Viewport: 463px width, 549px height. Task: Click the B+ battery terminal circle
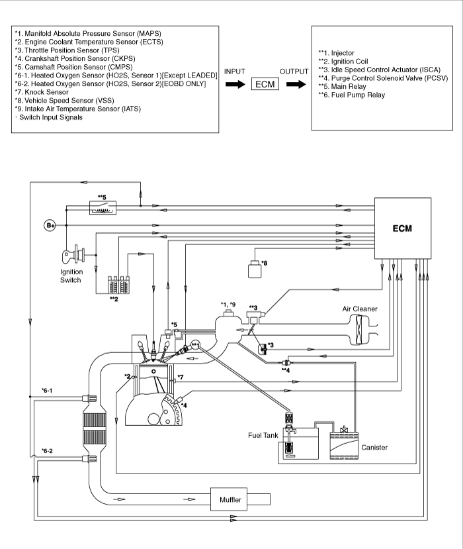50,225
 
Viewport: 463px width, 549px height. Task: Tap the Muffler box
230,499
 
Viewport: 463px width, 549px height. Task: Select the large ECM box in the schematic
403,228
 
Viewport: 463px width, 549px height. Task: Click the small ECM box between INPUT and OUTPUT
265,84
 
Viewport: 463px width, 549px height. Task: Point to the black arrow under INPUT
235,84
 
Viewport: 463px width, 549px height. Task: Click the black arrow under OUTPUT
296,84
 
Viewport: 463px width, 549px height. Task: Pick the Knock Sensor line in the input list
42,92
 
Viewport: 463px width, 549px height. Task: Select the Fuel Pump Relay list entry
351,95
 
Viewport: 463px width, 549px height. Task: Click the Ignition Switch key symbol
73,254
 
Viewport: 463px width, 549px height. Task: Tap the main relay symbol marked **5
103,208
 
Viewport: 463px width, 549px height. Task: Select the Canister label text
374,448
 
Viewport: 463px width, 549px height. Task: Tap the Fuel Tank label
263,435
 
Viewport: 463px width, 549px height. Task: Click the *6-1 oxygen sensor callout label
47,390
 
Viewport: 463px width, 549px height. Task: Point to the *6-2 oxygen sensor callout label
47,451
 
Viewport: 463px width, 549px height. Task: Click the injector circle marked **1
195,346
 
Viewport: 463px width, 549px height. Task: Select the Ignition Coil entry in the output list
343,62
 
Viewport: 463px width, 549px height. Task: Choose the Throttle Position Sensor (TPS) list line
67,50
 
